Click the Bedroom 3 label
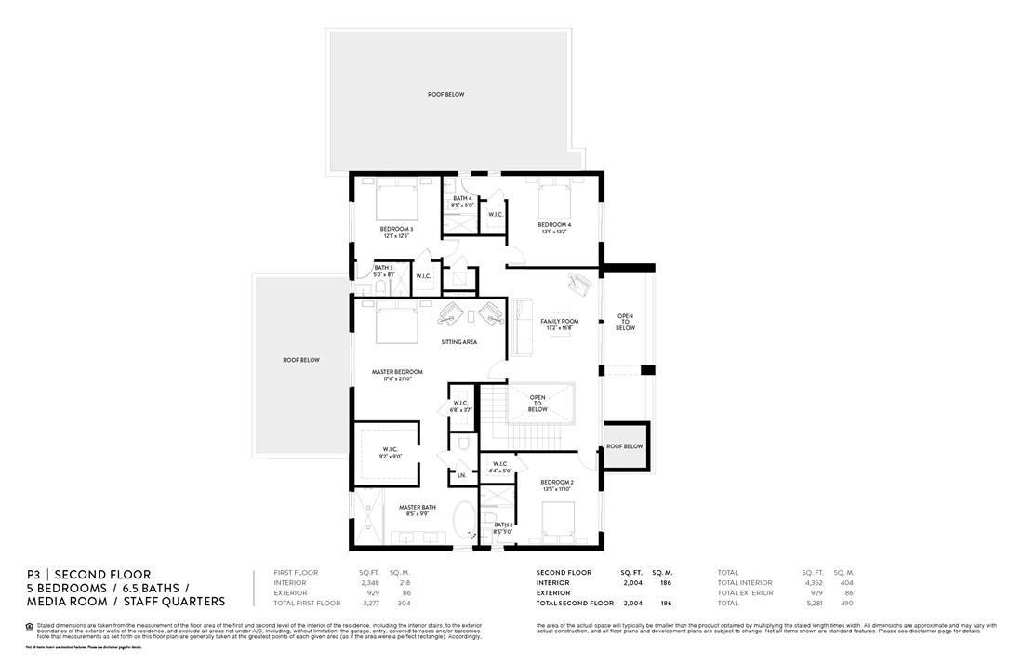396,229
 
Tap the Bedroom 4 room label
554,225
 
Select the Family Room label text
560,322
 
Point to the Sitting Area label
458,342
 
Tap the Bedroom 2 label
557,482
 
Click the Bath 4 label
462,198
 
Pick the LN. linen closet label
461,475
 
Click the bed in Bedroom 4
554,198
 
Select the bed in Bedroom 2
558,518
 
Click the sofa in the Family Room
522,326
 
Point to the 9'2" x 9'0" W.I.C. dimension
390,457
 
